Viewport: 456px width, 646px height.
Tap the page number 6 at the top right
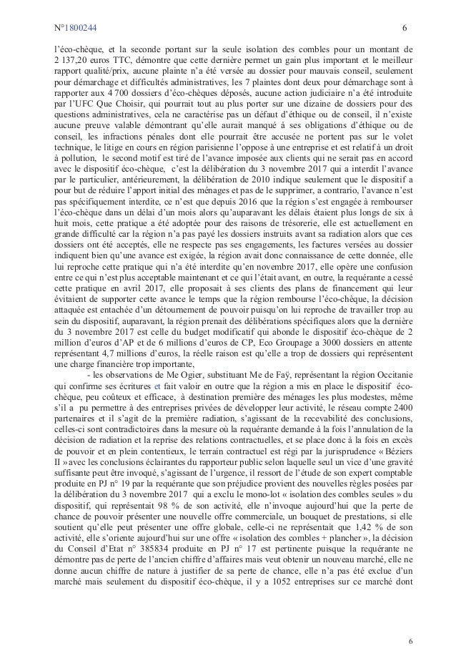tap(405, 29)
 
